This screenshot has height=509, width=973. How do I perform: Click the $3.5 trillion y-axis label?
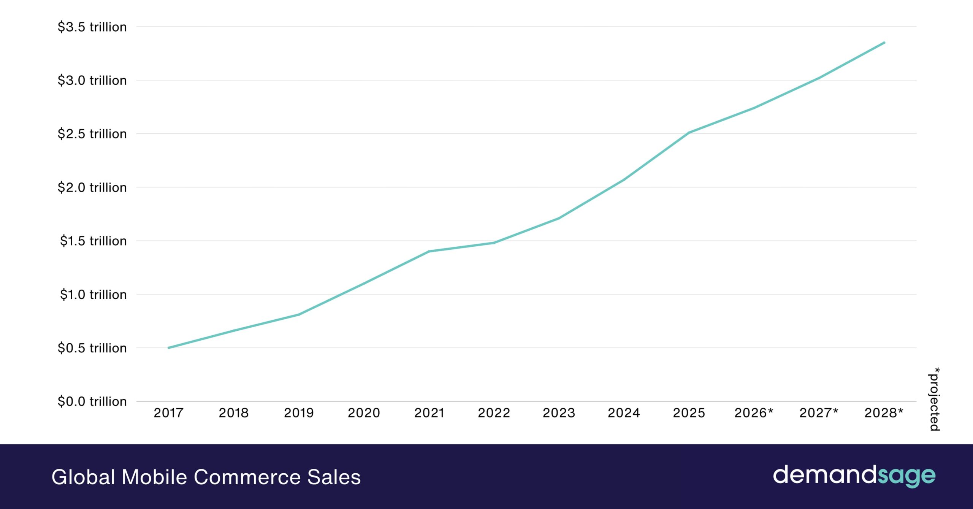point(92,27)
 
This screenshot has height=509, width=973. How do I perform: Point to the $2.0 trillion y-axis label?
point(92,187)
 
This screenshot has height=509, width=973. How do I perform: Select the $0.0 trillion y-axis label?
point(92,401)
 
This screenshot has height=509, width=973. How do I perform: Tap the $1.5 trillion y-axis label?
point(93,241)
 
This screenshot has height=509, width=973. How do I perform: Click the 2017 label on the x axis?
point(168,413)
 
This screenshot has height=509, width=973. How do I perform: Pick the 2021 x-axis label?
point(429,413)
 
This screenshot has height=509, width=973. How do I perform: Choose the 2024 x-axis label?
point(624,413)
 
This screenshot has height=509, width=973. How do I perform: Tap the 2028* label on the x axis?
point(884,413)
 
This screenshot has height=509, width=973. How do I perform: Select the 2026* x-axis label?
point(754,413)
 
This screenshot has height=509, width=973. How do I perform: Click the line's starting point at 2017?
point(169,348)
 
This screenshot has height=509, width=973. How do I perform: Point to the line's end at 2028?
point(884,43)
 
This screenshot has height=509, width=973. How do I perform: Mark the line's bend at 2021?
point(429,251)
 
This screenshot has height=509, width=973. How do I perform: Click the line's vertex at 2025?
point(689,133)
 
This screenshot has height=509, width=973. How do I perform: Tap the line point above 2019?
point(299,314)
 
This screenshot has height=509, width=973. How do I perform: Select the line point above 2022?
point(494,243)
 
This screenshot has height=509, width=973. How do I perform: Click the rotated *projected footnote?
point(935,399)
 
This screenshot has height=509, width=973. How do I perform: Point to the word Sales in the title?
point(334,477)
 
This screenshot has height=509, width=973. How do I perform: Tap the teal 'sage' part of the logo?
point(906,476)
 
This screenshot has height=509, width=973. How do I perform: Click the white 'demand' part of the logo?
point(825,475)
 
